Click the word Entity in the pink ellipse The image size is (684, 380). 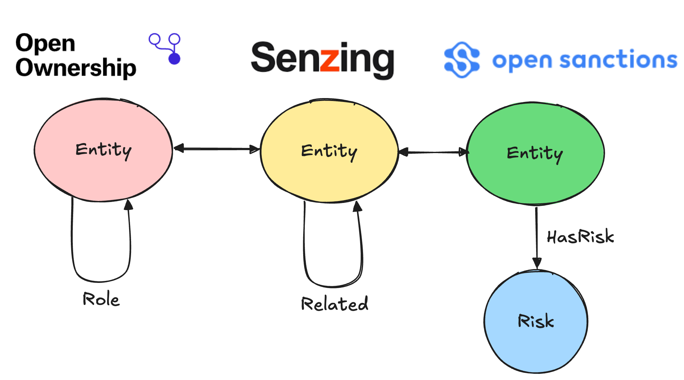point(104,150)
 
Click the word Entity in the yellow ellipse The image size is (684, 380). point(329,151)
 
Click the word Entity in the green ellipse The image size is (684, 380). point(535,154)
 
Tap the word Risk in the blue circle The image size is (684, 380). point(536,321)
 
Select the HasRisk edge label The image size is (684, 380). point(580,237)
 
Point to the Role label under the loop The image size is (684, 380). point(101,299)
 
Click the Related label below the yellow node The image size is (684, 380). point(335,304)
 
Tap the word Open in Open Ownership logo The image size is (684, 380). point(45,44)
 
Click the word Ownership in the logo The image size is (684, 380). point(76,68)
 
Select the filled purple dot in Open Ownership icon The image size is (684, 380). point(174,59)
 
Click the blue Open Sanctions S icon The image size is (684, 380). point(462,60)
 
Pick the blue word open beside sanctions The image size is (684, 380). point(522,61)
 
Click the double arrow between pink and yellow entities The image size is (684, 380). point(216,149)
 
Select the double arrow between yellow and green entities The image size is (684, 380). point(433,152)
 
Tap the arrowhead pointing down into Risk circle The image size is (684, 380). point(537,263)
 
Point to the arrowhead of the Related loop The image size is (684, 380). point(357,207)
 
